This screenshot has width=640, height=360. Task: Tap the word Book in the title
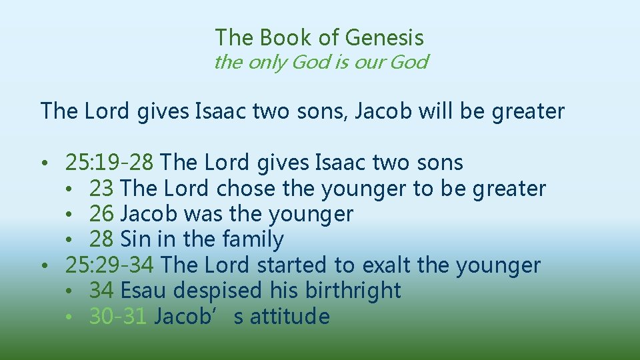tap(289, 37)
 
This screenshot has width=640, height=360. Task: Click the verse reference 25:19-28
tap(110, 162)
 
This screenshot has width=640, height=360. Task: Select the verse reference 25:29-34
tap(110, 265)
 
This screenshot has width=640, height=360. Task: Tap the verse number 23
tap(101, 188)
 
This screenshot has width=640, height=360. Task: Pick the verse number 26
tap(101, 214)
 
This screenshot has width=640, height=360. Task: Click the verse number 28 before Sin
tap(101, 239)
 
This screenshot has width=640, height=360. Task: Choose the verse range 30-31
tap(117, 316)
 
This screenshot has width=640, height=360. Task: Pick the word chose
tap(245, 188)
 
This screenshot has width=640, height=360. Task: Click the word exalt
tap(386, 265)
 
